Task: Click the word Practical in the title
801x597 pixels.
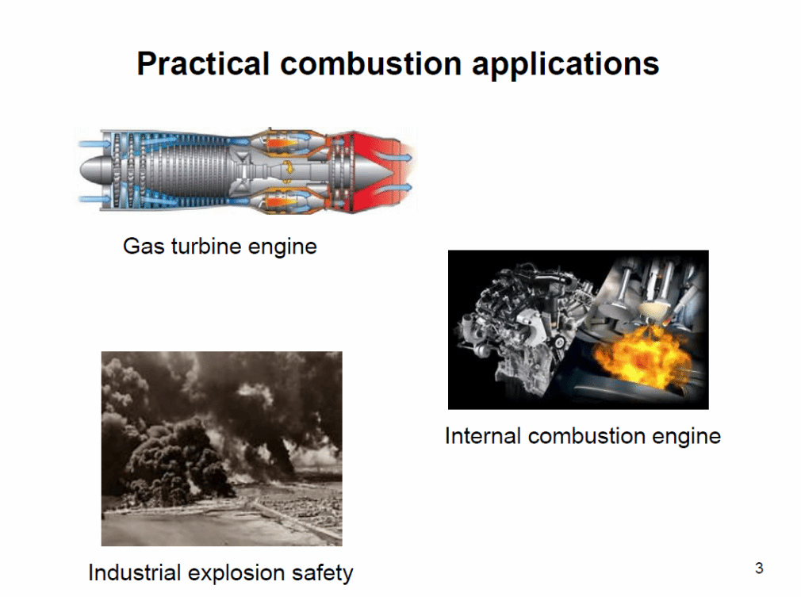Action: pyautogui.click(x=203, y=64)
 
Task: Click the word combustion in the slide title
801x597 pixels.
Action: pyautogui.click(x=371, y=64)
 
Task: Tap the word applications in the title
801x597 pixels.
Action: pyautogui.click(x=565, y=65)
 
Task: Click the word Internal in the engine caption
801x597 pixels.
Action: pyautogui.click(x=483, y=435)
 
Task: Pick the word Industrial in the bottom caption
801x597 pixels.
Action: pyautogui.click(x=135, y=572)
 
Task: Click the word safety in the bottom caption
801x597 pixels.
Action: pyautogui.click(x=322, y=573)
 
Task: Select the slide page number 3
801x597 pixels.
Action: pyautogui.click(x=759, y=568)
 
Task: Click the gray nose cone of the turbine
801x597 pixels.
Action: pyautogui.click(x=94, y=170)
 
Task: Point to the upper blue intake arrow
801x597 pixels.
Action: pyautogui.click(x=94, y=144)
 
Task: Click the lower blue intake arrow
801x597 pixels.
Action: pyautogui.click(x=94, y=199)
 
